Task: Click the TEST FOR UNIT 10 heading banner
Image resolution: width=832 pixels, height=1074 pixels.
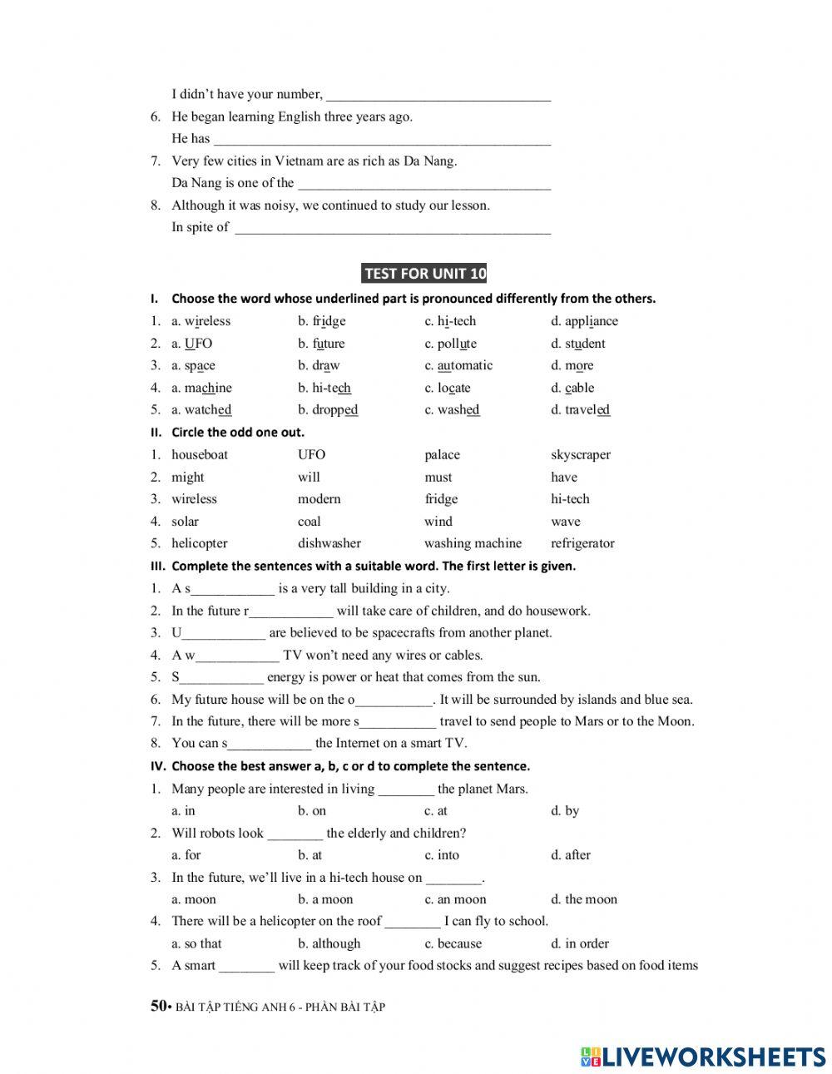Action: [424, 274]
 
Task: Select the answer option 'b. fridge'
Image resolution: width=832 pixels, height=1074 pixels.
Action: [322, 321]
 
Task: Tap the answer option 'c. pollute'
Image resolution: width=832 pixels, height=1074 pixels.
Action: [450, 344]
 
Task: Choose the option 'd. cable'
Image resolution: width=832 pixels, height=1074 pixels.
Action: [572, 388]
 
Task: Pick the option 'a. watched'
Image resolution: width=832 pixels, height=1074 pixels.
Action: [201, 410]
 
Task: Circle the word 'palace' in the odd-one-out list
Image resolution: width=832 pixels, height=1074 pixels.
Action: [442, 455]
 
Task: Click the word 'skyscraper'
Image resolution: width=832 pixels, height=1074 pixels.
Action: [580, 455]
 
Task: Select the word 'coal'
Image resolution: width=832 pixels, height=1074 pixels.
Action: [309, 522]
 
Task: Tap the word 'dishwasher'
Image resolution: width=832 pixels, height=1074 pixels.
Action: [329, 543]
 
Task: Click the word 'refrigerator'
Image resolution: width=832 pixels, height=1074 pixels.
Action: [582, 543]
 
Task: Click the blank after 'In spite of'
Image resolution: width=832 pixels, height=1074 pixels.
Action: [393, 229]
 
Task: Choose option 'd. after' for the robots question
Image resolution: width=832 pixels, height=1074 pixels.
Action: [571, 855]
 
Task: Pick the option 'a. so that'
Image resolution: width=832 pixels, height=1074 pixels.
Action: [196, 943]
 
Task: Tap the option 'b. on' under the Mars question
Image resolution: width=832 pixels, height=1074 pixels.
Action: [312, 811]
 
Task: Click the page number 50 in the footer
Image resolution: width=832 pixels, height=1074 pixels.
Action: [158, 1006]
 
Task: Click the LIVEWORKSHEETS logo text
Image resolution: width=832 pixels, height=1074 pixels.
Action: [714, 1057]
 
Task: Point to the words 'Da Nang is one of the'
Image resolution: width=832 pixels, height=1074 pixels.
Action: [233, 183]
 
